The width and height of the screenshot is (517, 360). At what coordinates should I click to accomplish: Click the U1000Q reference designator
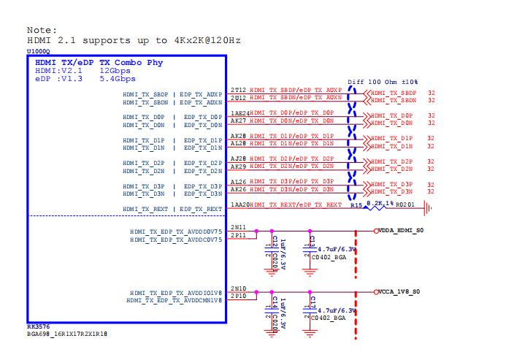point(39,52)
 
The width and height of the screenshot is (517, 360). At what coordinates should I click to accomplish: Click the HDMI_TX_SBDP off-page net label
point(393,93)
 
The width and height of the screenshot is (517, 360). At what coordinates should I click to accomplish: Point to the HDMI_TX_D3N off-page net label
point(391,192)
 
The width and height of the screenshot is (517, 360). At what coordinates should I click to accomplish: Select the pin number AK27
point(238,120)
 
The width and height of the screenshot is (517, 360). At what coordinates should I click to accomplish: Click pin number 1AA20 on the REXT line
point(240,205)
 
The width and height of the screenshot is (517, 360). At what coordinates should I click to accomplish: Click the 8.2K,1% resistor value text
point(381,203)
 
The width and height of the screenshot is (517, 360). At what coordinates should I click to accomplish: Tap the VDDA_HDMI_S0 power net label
point(399,231)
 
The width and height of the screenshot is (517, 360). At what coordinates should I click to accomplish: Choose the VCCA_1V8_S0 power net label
point(399,292)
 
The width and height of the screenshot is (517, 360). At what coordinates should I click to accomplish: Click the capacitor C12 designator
point(275,241)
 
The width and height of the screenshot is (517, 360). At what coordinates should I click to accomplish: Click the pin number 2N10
point(238,289)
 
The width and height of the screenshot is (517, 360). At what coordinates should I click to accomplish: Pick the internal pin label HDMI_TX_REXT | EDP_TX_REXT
point(172,210)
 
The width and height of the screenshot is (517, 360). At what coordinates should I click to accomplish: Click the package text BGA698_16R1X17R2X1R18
point(67,333)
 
